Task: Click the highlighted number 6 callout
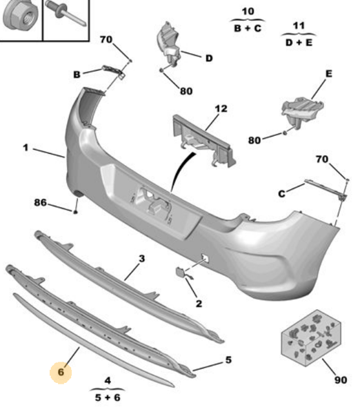tap(61, 372)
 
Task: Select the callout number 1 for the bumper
tap(25, 148)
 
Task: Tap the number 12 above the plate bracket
tap(220, 109)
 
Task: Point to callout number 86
tap(41, 203)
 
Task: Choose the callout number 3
tap(141, 259)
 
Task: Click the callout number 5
tap(228, 359)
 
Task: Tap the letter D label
tap(209, 58)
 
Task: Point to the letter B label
tap(77, 74)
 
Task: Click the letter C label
tap(281, 194)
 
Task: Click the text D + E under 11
tap(299, 42)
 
